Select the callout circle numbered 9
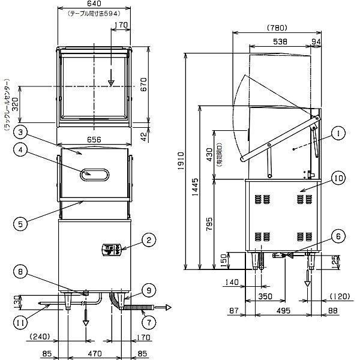(148, 289)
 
